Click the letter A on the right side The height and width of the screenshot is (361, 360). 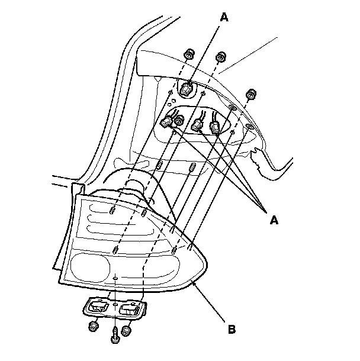274,220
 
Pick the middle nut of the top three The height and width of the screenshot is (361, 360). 221,57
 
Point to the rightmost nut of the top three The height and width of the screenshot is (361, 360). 250,93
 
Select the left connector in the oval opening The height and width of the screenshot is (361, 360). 166,123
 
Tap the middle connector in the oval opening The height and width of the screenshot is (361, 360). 198,125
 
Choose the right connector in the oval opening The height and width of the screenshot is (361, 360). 215,126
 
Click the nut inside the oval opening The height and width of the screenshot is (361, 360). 176,120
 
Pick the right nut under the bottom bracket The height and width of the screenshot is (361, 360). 126,330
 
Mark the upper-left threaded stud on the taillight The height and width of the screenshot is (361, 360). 112,209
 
